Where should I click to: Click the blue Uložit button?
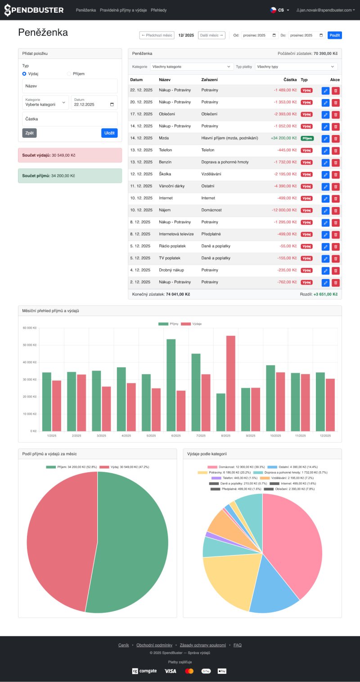(x=109, y=133)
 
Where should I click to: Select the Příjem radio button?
(x=69, y=74)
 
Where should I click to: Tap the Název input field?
(x=70, y=86)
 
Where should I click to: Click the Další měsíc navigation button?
(x=211, y=35)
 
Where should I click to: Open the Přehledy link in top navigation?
(x=158, y=10)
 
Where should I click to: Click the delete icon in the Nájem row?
(x=336, y=211)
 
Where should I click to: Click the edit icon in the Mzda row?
(x=326, y=139)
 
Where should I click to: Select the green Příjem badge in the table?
(x=307, y=138)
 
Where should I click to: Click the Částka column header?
(x=290, y=80)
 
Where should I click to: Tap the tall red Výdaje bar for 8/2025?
(x=230, y=383)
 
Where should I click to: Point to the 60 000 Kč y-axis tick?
(x=30, y=328)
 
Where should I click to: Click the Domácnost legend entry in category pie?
(x=234, y=467)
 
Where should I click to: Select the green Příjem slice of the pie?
(x=130, y=540)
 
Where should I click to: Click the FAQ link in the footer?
(x=237, y=645)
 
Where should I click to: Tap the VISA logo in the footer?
(x=170, y=671)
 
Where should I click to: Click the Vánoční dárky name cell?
(x=171, y=186)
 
